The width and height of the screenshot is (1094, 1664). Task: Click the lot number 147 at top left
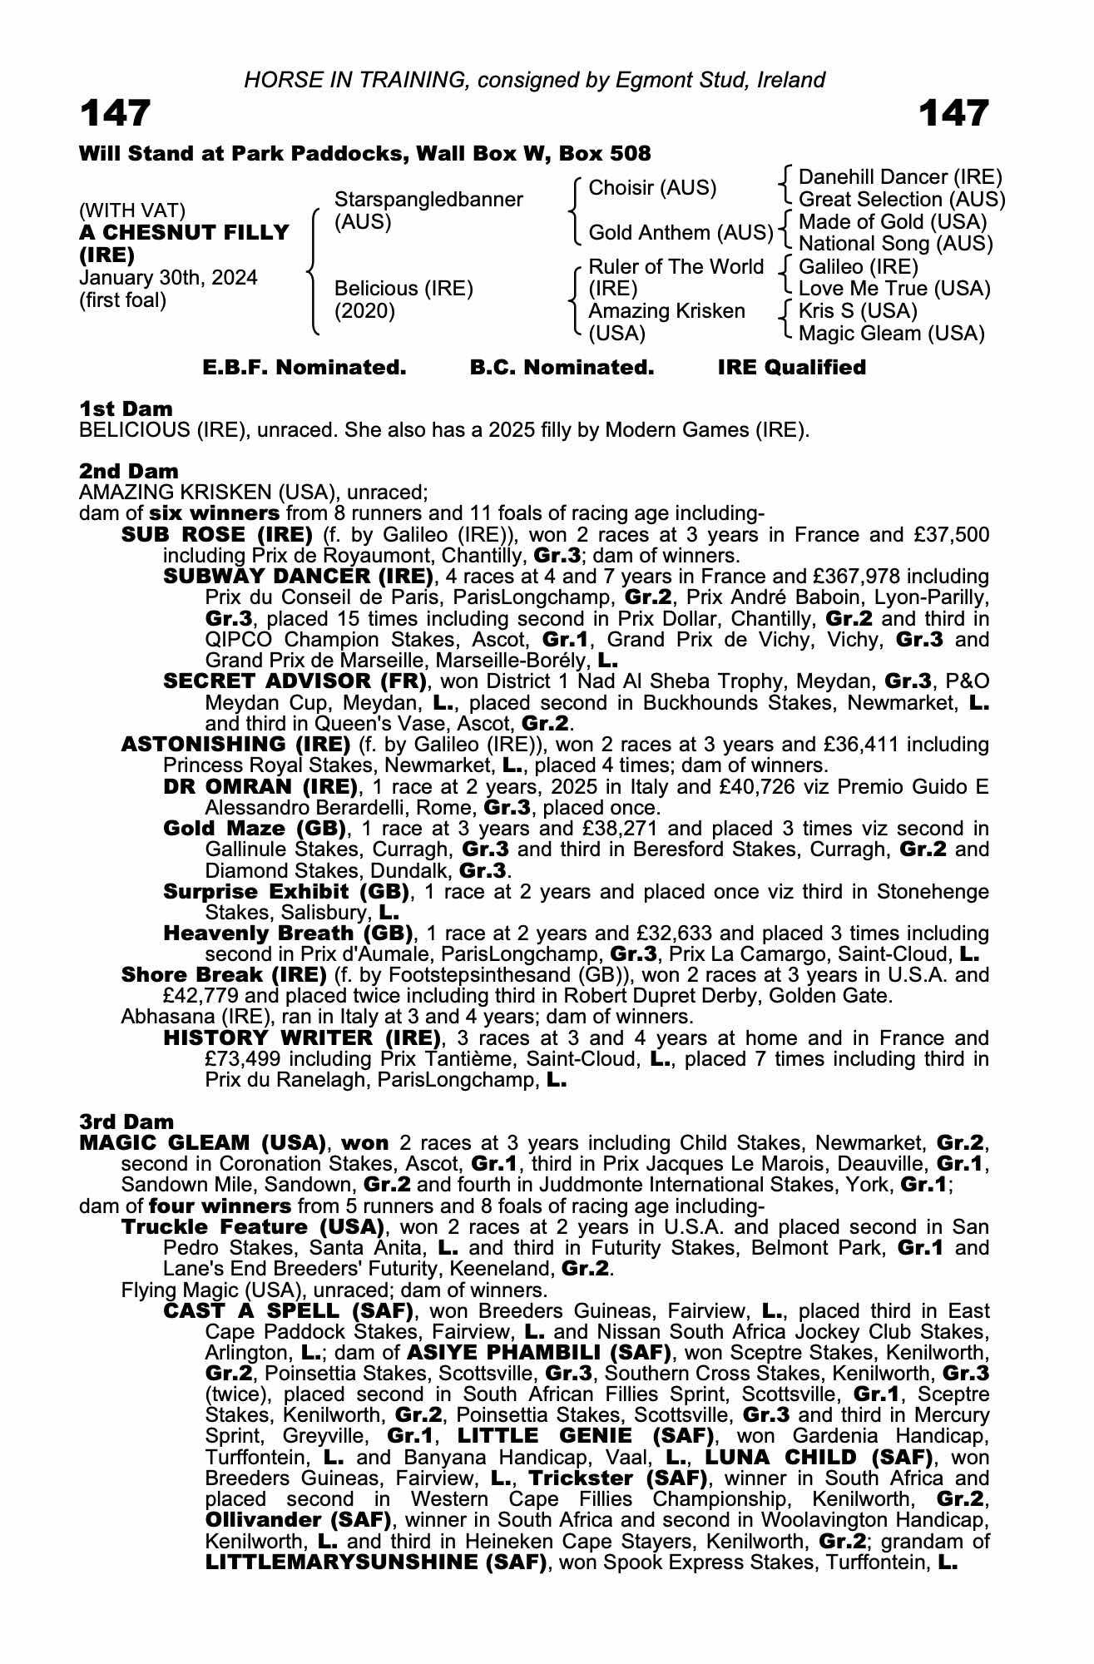pyautogui.click(x=115, y=113)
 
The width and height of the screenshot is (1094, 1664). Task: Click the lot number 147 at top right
pyautogui.click(x=954, y=113)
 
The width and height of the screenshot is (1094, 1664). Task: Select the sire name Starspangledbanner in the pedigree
pyautogui.click(x=428, y=200)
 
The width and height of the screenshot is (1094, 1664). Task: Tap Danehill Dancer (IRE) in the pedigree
pyautogui.click(x=899, y=177)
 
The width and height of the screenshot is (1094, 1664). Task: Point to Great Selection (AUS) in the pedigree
pyautogui.click(x=901, y=200)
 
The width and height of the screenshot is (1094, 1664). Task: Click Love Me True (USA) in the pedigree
pyautogui.click(x=894, y=289)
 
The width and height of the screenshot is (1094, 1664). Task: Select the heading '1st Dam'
pyautogui.click(x=126, y=409)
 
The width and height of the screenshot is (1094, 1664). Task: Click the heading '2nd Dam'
pyautogui.click(x=128, y=472)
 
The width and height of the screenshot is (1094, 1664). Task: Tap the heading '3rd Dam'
pyautogui.click(x=126, y=1122)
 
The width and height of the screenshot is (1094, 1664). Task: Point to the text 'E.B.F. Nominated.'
pyautogui.click(x=304, y=368)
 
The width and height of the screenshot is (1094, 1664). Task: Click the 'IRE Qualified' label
pyautogui.click(x=791, y=368)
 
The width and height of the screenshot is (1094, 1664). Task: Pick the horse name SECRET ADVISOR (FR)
pyautogui.click(x=295, y=681)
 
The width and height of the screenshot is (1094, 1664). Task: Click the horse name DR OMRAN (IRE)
pyautogui.click(x=260, y=786)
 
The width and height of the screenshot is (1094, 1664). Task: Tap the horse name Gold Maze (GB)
pyautogui.click(x=255, y=829)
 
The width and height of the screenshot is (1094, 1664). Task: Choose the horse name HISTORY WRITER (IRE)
pyautogui.click(x=302, y=1038)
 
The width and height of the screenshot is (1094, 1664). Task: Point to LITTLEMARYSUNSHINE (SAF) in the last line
pyautogui.click(x=375, y=1562)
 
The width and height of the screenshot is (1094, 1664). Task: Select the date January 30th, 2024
pyautogui.click(x=168, y=278)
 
